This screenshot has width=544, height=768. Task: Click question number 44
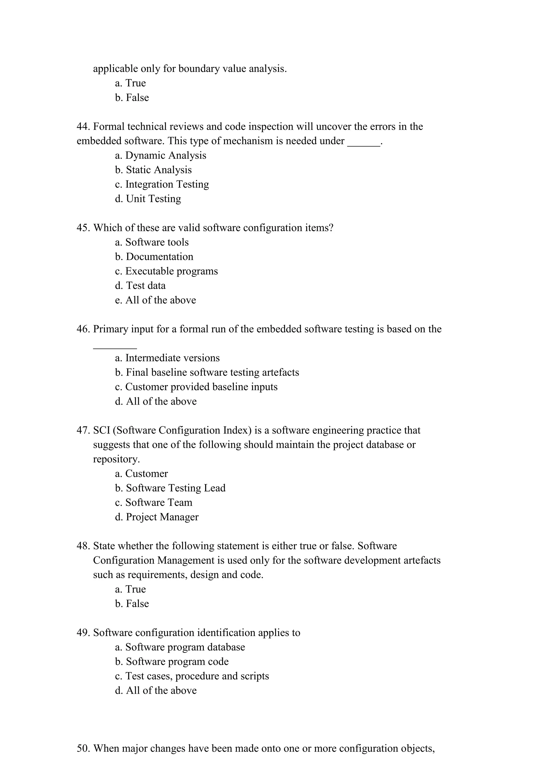pyautogui.click(x=83, y=127)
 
